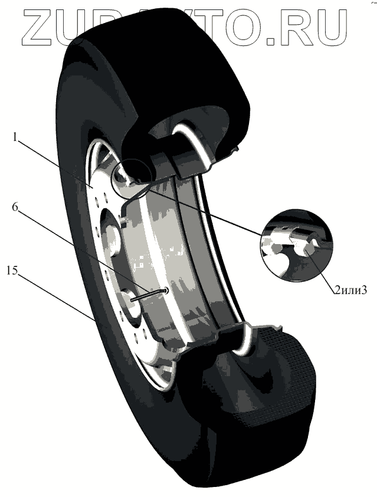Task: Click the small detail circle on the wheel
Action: (136, 179)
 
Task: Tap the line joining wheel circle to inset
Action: (206, 212)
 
